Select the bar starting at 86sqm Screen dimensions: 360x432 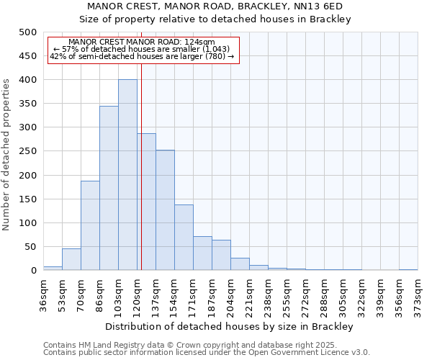pos(109,188)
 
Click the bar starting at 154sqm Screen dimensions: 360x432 pos(184,238)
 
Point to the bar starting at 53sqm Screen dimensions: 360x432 pos(71,259)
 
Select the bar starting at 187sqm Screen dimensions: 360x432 pos(221,255)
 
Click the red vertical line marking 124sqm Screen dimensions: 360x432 pos(142,180)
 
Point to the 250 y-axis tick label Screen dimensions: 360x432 pos(27,152)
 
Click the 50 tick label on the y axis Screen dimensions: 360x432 pos(30,247)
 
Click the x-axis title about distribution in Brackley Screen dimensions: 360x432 pos(234,326)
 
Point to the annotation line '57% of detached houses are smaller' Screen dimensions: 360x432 pos(142,49)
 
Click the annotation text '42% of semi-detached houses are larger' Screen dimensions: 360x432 pos(142,56)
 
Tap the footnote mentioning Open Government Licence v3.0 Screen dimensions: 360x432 pos(207,353)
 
